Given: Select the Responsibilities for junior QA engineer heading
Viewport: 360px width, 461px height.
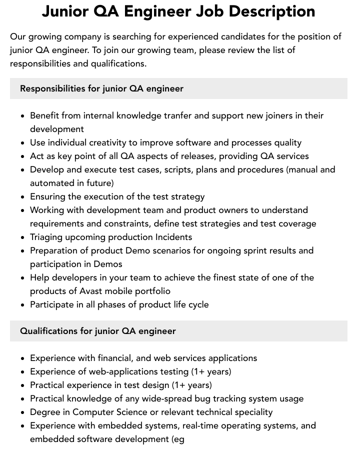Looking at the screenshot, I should (x=101, y=88).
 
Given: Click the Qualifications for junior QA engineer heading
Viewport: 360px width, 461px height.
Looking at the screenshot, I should (x=98, y=331).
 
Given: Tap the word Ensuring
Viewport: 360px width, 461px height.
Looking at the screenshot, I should (x=48, y=196).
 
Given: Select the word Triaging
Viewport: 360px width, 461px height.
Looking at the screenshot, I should (x=48, y=237).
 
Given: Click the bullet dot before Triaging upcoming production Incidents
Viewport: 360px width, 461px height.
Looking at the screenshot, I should (x=22, y=237).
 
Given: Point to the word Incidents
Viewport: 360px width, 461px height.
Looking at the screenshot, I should (x=173, y=237).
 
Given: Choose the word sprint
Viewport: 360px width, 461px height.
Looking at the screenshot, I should (x=240, y=250).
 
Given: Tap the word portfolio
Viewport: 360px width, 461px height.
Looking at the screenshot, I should (x=150, y=291).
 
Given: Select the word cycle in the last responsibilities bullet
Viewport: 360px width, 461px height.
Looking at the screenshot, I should (x=197, y=304).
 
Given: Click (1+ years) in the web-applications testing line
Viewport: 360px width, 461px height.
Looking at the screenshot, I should (x=211, y=371).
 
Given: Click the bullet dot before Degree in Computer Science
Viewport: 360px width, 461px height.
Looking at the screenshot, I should (x=22, y=412).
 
